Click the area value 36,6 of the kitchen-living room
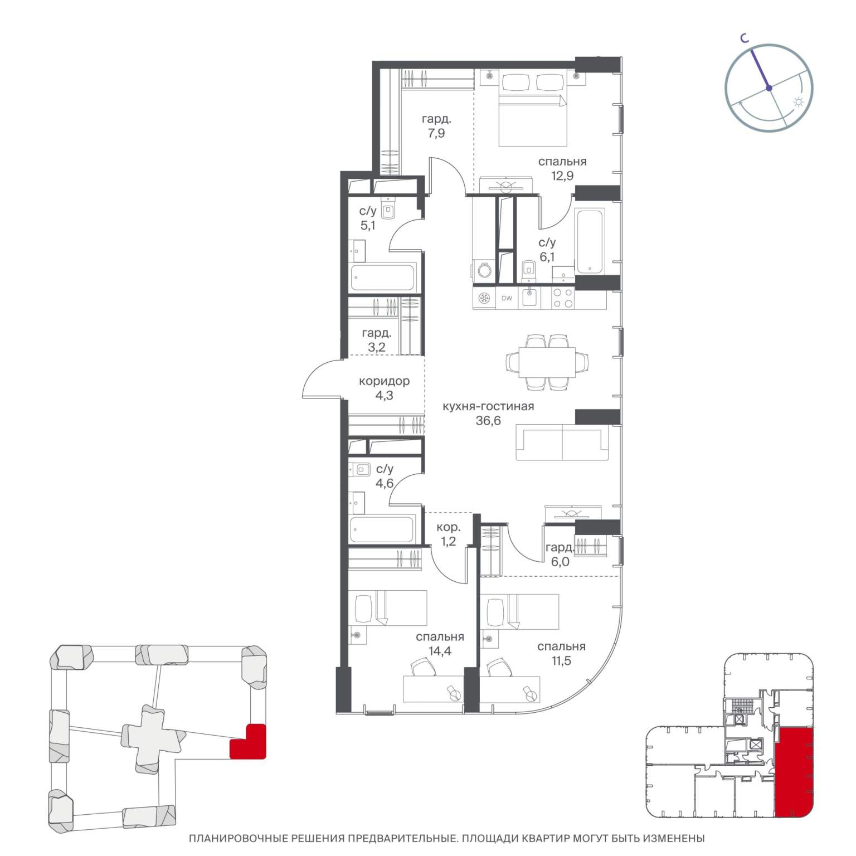488,421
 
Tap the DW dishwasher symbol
507,298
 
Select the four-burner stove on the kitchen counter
562,298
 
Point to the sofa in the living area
561,442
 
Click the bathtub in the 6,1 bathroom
590,241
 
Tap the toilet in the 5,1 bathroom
389,210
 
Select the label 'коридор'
384,381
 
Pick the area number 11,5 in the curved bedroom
561,661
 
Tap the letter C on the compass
744,38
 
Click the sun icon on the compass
798,103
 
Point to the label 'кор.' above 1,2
448,527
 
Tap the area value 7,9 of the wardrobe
436,133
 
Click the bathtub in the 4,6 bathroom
382,529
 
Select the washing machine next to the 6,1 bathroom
483,270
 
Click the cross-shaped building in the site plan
152,739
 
